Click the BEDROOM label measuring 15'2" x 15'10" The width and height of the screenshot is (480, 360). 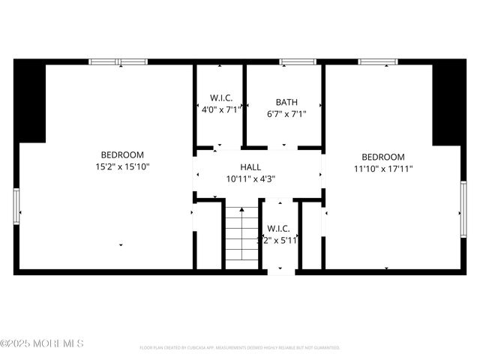[122, 154]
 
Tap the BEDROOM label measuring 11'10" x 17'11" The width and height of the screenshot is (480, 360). [382, 157]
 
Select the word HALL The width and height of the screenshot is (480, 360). [250, 166]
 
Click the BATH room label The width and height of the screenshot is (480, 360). [286, 102]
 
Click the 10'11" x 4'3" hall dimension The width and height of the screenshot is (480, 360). [250, 178]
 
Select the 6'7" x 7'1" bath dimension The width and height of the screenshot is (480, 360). [286, 115]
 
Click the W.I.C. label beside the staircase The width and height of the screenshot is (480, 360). [278, 228]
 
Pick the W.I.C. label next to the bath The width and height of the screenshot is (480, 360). [221, 98]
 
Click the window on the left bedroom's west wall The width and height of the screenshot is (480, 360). [16, 206]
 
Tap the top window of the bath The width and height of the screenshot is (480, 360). [298, 61]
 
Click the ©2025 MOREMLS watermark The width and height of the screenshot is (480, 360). [42, 343]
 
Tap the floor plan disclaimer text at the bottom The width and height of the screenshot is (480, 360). [240, 348]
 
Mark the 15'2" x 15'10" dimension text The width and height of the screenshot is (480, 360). [122, 167]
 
